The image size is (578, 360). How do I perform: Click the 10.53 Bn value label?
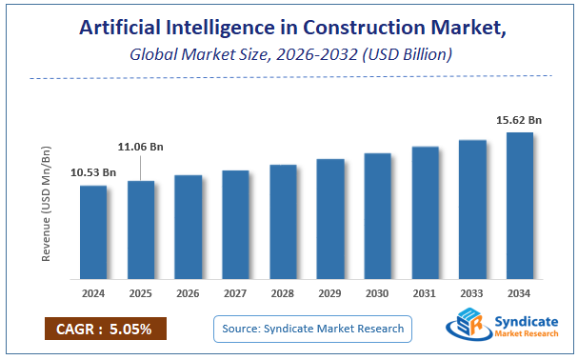pos(93,172)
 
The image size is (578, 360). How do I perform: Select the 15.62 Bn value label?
pos(519,119)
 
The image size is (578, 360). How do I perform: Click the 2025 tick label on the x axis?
pos(141,293)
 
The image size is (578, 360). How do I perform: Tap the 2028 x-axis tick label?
pos(283,293)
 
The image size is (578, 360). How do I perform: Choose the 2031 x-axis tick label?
pos(425,293)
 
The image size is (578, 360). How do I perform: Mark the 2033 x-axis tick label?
pos(472,293)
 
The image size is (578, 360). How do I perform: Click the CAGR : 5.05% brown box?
pos(105,329)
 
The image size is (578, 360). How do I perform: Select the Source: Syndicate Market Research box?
pos(312,329)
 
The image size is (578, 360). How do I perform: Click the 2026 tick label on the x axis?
pos(189,293)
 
